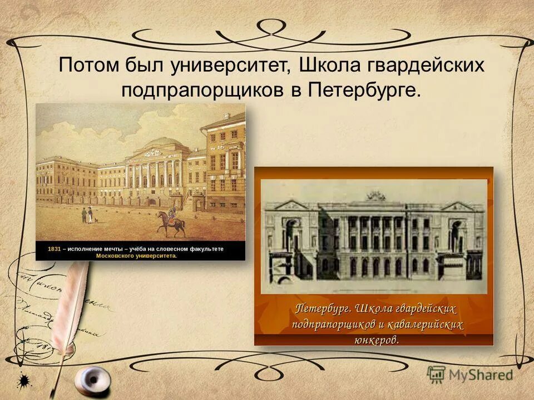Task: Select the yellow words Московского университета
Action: click(136, 256)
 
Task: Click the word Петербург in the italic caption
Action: click(323, 308)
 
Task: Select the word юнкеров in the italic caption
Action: click(376, 339)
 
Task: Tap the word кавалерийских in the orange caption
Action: click(429, 324)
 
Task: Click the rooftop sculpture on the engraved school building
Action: click(375, 196)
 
